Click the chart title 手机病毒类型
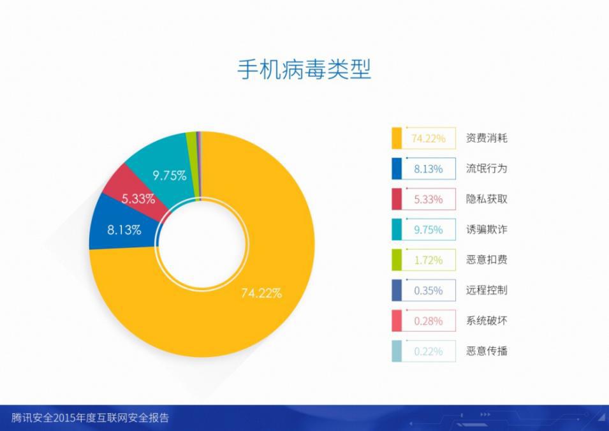[x=304, y=69]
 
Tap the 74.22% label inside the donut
[x=261, y=293]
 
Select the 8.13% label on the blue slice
[x=124, y=230]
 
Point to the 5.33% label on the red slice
[x=138, y=199]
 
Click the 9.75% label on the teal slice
[x=170, y=175]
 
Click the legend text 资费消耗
[x=487, y=138]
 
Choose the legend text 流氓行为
[x=487, y=168]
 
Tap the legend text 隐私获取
[x=487, y=199]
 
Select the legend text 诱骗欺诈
[x=487, y=230]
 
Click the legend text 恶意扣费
[x=487, y=259]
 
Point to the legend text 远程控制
[x=487, y=291]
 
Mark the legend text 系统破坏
[x=487, y=321]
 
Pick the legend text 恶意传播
[x=487, y=351]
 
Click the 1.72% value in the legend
[x=429, y=260]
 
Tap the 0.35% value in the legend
[x=429, y=291]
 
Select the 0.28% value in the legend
[x=429, y=321]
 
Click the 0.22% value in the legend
[x=429, y=352]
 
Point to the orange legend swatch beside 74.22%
[x=397, y=138]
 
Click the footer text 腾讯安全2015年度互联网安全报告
[x=90, y=418]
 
